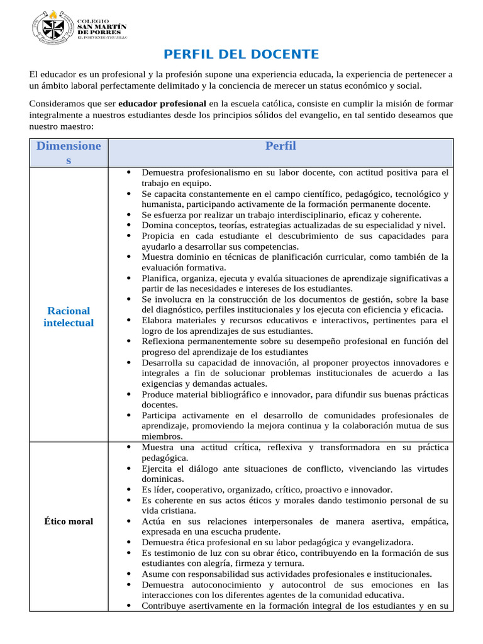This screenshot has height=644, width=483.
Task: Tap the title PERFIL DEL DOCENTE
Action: (x=241, y=55)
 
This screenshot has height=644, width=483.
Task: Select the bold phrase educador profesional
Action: (x=162, y=103)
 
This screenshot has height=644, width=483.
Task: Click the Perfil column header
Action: (x=280, y=147)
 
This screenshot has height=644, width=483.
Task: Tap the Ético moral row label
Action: (x=69, y=521)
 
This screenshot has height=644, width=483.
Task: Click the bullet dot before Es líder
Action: (x=128, y=489)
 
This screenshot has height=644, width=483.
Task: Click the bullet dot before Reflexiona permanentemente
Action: (x=128, y=341)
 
